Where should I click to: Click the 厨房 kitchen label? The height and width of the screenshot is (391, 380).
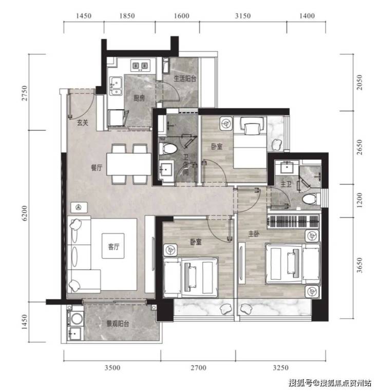(x=139, y=98)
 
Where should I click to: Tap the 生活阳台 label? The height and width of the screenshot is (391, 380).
(x=185, y=79)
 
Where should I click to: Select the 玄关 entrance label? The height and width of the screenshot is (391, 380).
(x=82, y=123)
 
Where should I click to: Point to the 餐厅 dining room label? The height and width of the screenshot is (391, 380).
(x=97, y=168)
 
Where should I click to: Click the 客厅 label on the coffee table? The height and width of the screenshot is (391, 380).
(x=113, y=247)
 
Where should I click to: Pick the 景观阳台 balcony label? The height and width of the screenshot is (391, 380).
(x=118, y=324)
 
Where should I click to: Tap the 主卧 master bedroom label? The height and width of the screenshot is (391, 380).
(x=254, y=233)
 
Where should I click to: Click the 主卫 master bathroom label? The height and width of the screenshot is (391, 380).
(x=286, y=184)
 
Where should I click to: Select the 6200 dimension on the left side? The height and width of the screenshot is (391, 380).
(x=24, y=213)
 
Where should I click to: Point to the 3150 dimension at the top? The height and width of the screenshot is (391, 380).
(x=242, y=16)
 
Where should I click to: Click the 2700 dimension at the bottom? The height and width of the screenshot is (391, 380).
(x=199, y=367)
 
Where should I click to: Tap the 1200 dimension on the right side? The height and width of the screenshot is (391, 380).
(x=359, y=200)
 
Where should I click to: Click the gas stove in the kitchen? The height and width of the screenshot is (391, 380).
(x=140, y=66)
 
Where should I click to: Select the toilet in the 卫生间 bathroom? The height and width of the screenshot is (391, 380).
(x=168, y=149)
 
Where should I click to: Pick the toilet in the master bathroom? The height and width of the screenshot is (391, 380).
(x=311, y=199)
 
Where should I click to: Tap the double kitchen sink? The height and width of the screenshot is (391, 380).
(x=116, y=86)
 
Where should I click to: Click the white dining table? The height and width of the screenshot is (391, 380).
(x=129, y=164)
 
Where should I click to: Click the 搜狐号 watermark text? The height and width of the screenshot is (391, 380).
(x=300, y=382)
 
